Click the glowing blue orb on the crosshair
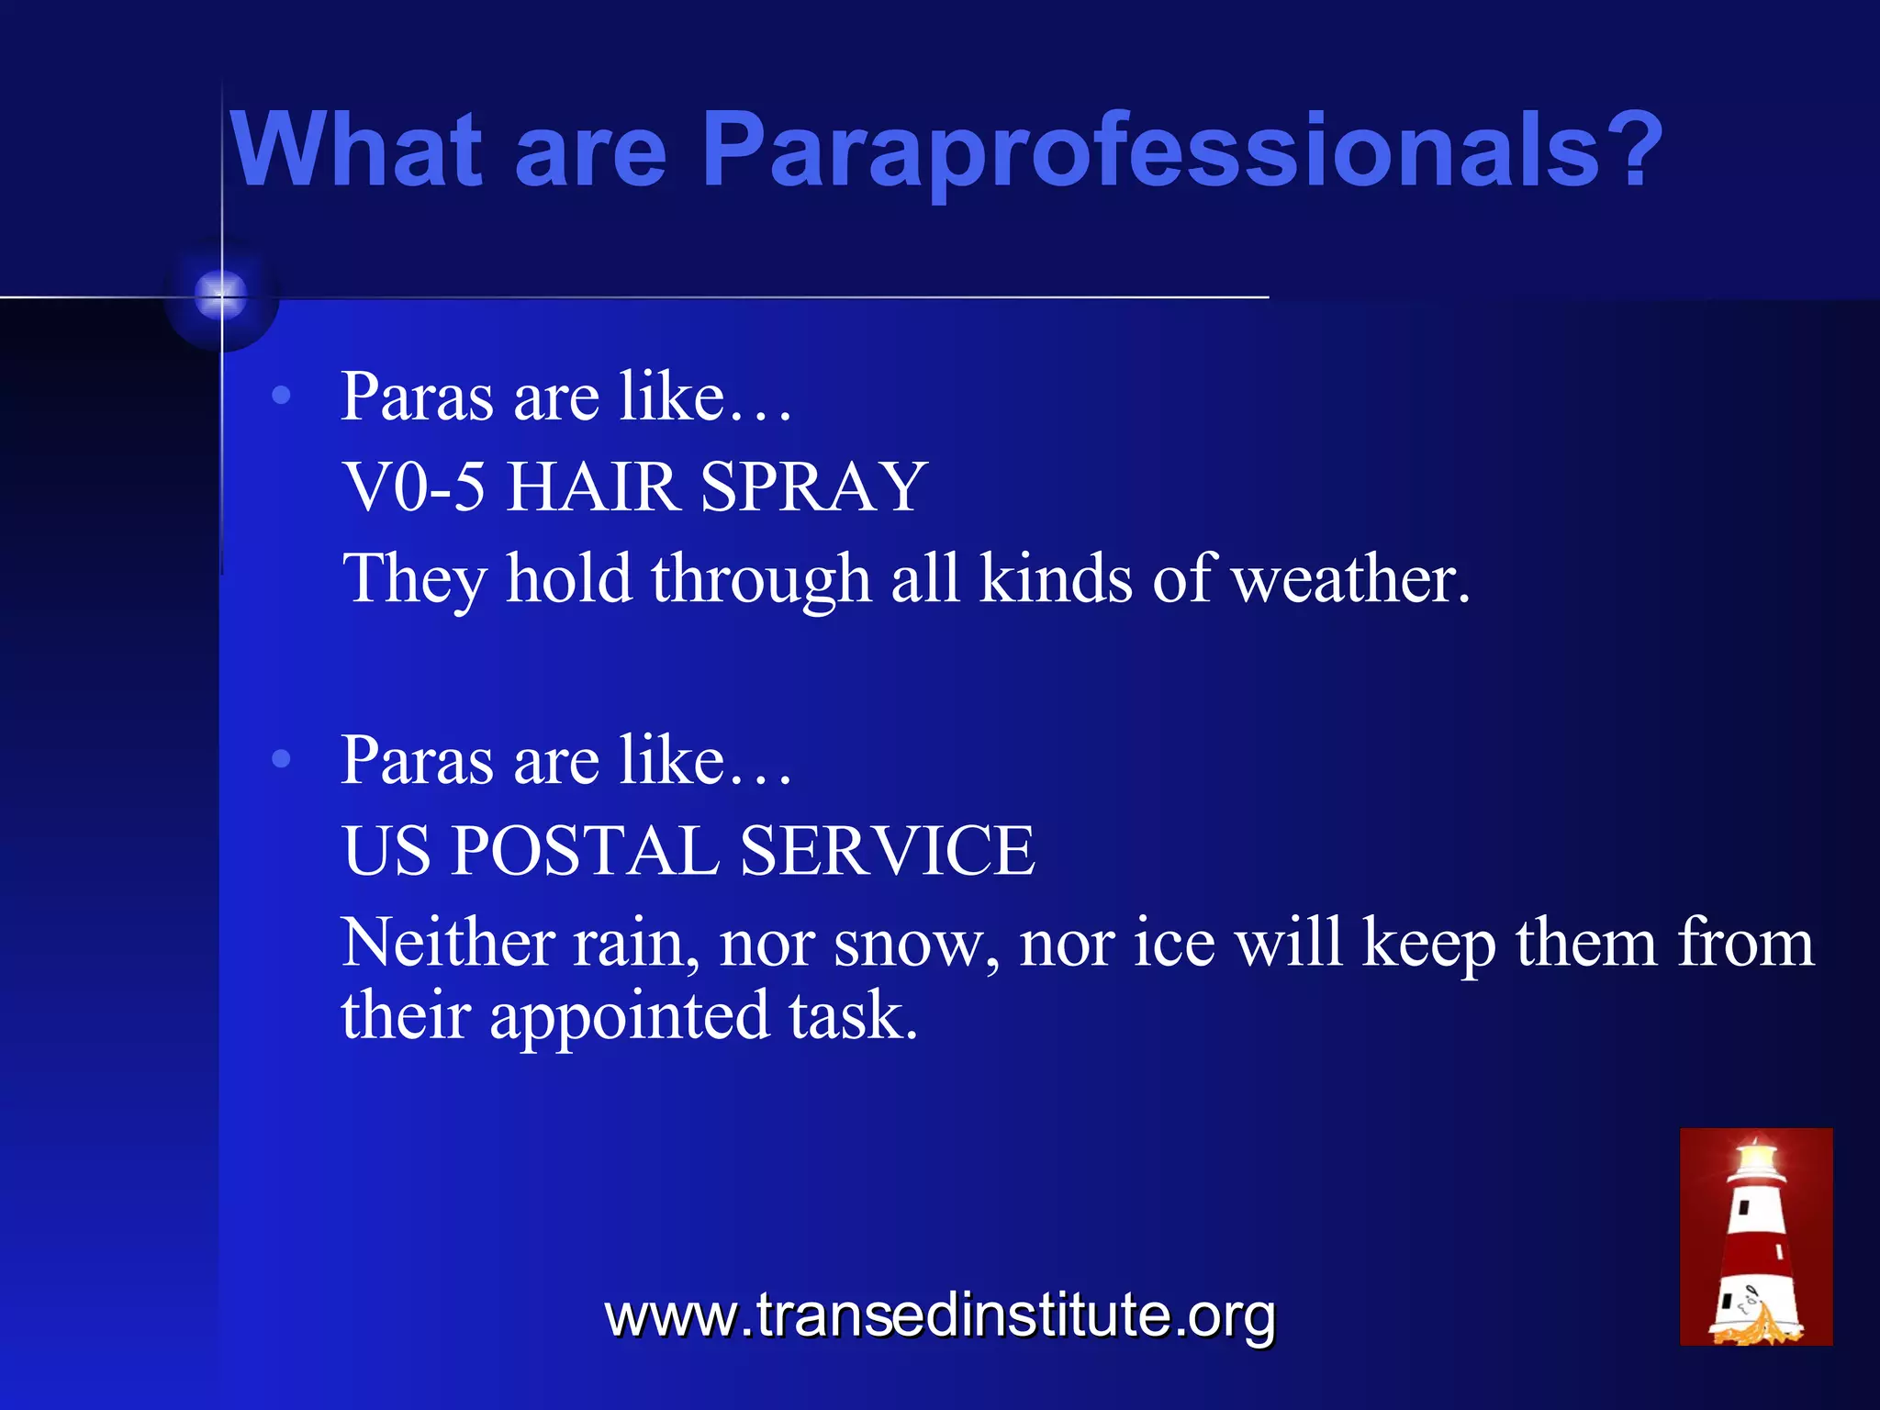click(x=221, y=296)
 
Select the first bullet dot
click(x=282, y=396)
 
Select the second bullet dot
click(x=282, y=759)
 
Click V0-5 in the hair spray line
click(x=413, y=487)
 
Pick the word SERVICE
click(x=887, y=850)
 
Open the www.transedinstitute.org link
click(x=940, y=1316)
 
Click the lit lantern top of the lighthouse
click(x=1757, y=1158)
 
